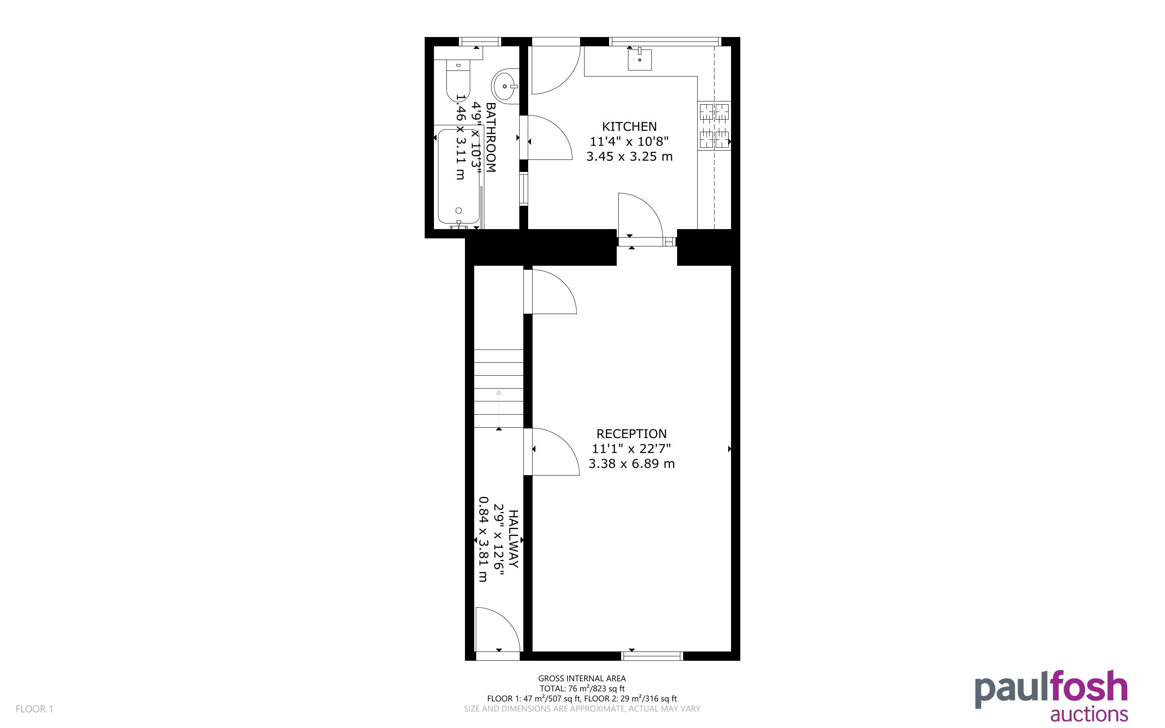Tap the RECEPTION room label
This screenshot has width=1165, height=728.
(x=631, y=434)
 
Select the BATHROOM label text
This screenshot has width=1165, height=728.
(x=490, y=137)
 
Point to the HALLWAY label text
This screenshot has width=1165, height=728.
(x=514, y=539)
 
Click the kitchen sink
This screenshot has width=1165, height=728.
(x=640, y=59)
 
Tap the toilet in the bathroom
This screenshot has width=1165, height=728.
(x=458, y=82)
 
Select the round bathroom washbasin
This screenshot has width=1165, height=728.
(x=505, y=86)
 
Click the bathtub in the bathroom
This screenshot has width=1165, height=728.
(x=459, y=177)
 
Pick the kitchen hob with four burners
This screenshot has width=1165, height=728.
(x=714, y=126)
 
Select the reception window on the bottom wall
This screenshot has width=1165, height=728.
(x=652, y=656)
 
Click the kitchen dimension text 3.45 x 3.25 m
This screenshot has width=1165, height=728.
(x=630, y=157)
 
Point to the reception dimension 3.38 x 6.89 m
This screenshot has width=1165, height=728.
(x=631, y=464)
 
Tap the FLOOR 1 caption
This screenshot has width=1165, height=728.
(x=35, y=709)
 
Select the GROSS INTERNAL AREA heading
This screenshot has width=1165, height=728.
(x=582, y=679)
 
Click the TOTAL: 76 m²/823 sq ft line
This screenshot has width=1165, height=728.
(x=582, y=689)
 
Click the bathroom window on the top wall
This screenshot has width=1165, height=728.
(x=480, y=41)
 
